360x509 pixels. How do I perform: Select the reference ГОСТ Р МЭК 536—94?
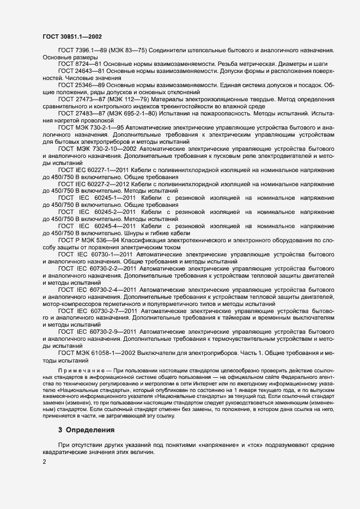90,240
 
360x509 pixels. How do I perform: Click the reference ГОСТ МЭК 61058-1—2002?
95,353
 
